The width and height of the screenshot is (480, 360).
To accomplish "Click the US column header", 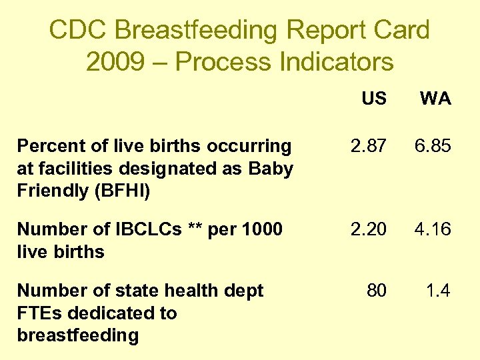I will point(374,99).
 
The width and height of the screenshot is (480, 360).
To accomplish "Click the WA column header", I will point(435,99).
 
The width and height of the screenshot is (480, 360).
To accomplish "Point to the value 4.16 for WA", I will point(433,229).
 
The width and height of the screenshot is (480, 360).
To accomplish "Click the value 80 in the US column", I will point(377,291).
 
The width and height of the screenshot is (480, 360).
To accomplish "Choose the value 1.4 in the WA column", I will point(439,291).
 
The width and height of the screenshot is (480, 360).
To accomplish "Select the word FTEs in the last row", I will point(39,313).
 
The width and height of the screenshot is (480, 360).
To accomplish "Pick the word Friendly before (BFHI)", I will point(48,191).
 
